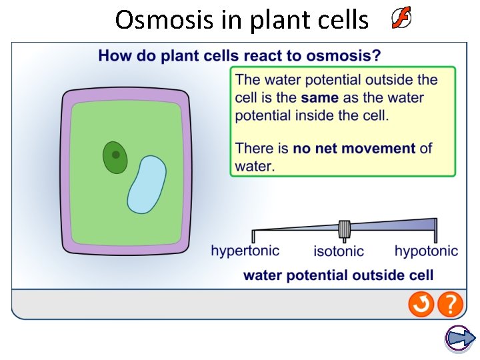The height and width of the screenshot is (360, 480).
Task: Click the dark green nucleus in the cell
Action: (115, 158)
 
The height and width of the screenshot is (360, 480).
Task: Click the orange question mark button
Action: (451, 305)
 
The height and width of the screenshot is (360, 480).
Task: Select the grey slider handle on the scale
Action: (345, 229)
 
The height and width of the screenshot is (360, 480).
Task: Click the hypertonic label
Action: (245, 251)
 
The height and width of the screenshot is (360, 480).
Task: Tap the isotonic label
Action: (339, 251)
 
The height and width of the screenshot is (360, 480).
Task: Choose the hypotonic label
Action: (426, 251)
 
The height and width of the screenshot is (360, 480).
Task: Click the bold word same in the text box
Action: (319, 97)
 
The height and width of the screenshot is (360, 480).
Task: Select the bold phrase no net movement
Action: (354, 148)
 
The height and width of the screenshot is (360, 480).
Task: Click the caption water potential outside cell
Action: (339, 275)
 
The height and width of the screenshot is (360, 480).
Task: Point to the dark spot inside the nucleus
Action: (116, 155)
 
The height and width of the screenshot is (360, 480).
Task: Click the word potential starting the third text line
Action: (263, 115)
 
